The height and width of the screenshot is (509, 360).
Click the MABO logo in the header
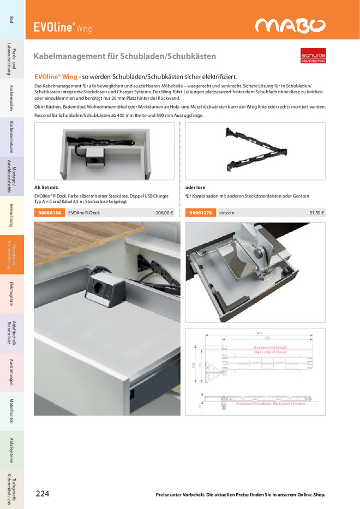291,26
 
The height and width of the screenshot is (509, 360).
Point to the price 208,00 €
164,213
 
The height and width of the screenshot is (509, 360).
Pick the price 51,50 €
316,213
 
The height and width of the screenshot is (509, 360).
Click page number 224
43,494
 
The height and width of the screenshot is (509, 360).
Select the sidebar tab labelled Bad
11,20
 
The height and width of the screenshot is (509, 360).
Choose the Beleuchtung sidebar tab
11,216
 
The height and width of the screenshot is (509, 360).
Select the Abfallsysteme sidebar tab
11,450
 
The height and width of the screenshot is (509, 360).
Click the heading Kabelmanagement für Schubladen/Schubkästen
125,56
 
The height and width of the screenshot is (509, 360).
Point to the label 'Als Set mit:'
46,187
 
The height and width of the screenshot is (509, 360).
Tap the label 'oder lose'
195,187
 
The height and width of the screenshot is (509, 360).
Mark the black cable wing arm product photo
255,150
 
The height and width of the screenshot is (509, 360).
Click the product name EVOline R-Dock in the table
84,213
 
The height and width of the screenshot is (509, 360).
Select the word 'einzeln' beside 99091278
226,213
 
